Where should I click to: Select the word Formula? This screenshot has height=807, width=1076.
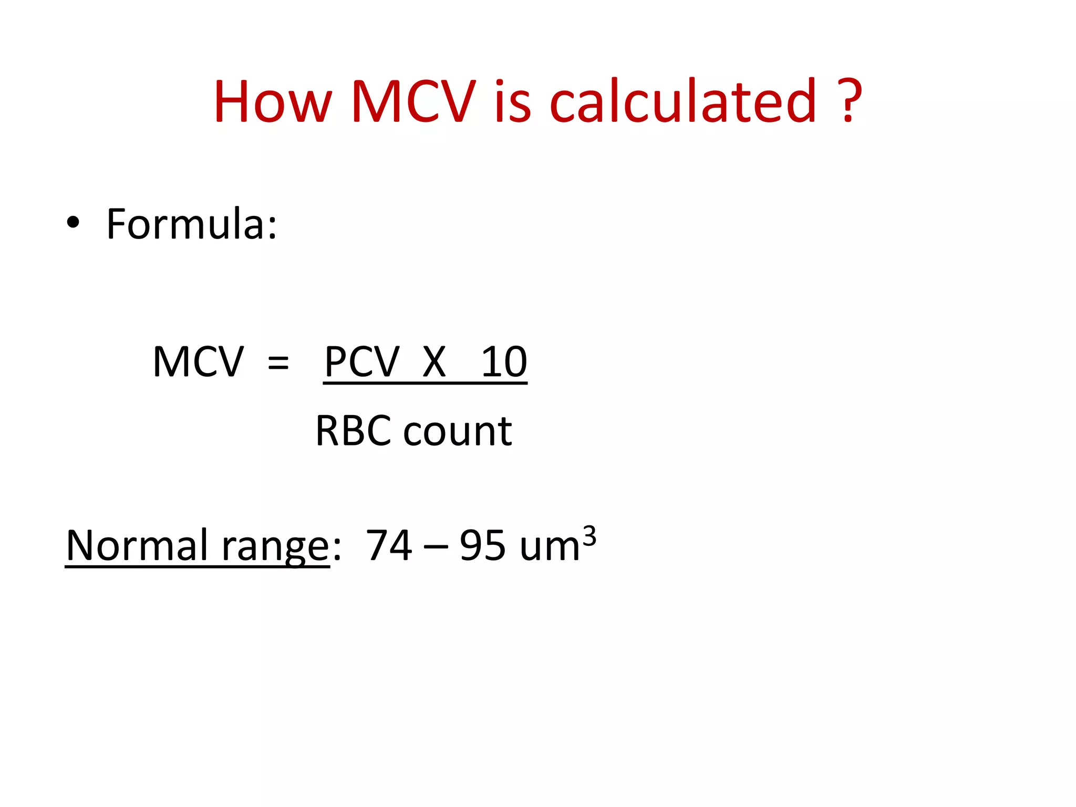[x=191, y=224]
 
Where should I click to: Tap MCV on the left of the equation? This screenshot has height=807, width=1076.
[x=198, y=362]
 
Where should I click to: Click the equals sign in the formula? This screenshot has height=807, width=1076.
[x=278, y=363]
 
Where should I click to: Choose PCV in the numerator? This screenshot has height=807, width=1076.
[x=362, y=362]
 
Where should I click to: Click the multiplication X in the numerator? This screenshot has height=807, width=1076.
[x=434, y=362]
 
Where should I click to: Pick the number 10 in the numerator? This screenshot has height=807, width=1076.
[x=504, y=362]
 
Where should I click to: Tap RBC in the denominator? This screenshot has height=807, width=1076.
[x=353, y=431]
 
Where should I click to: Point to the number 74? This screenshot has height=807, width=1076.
[x=389, y=545]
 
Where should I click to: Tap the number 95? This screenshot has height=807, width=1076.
[x=483, y=545]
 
